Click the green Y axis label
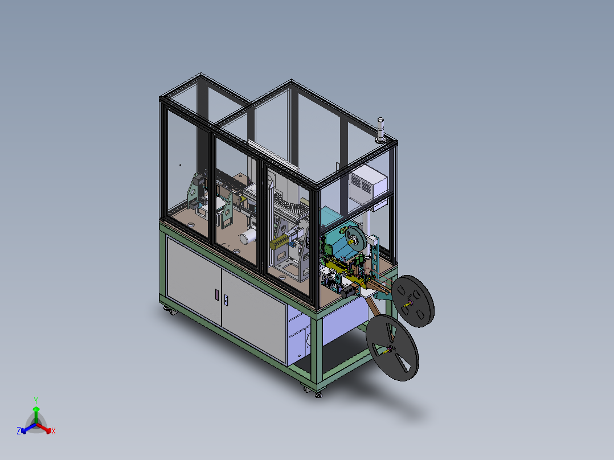(36, 400)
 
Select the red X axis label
(53, 431)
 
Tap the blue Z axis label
(19, 431)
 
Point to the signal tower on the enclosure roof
(380, 129)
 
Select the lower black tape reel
(392, 348)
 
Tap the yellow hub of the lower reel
(391, 349)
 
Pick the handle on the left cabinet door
(216, 294)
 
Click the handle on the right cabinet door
(227, 299)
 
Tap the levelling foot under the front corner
(318, 393)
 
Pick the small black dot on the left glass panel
(181, 165)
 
